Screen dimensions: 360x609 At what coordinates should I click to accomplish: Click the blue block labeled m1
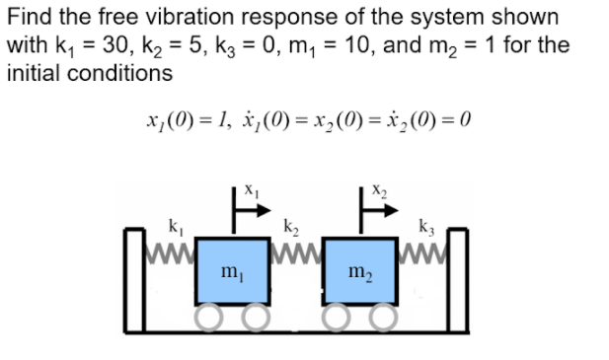tap(229, 270)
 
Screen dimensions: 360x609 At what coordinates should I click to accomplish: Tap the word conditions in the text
tap(120, 73)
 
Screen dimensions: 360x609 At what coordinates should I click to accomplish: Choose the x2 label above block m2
tap(379, 185)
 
